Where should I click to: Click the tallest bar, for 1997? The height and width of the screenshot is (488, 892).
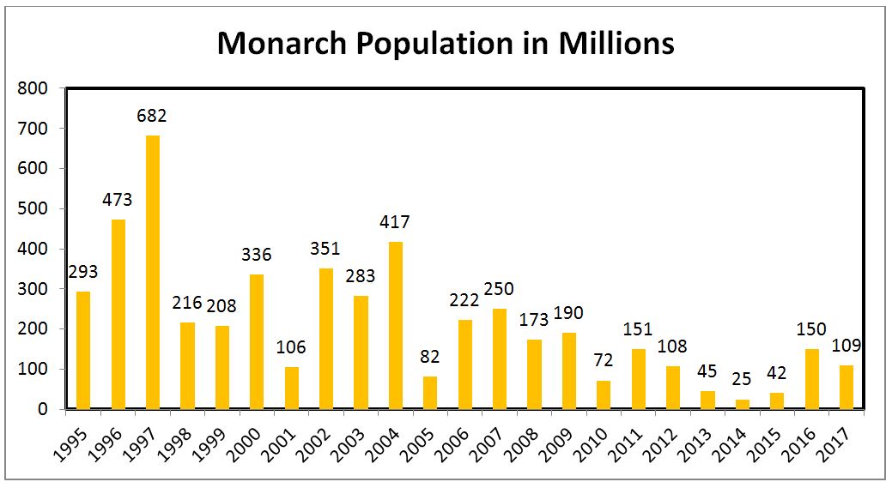[153, 272]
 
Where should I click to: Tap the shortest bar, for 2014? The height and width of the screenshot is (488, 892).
[743, 404]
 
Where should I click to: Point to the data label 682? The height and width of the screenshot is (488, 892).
[153, 116]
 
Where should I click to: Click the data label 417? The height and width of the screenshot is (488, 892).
[396, 222]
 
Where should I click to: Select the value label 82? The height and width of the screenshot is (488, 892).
[430, 357]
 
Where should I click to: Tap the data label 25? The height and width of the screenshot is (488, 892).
[743, 380]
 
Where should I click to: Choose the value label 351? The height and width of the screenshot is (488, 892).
[326, 249]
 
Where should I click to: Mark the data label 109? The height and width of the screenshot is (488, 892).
[846, 346]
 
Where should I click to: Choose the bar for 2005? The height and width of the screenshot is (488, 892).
[430, 393]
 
